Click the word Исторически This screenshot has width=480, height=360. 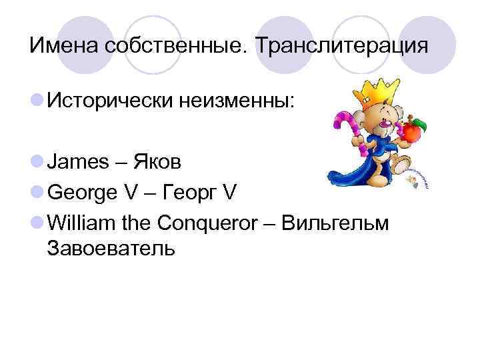(x=111, y=102)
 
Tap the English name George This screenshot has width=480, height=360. (x=85, y=193)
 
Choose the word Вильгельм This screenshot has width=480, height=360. (x=335, y=222)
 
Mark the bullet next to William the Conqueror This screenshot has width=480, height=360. (x=37, y=223)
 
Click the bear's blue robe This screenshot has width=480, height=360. (x=363, y=167)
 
